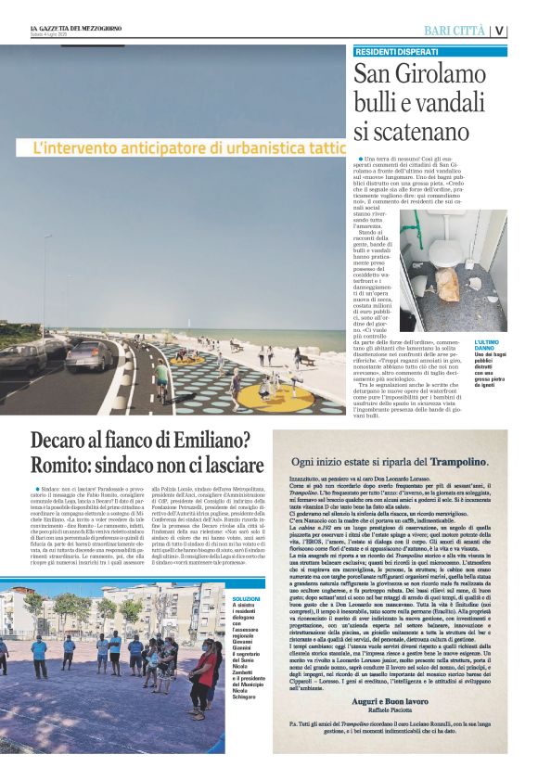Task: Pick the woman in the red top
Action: click(206, 666)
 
